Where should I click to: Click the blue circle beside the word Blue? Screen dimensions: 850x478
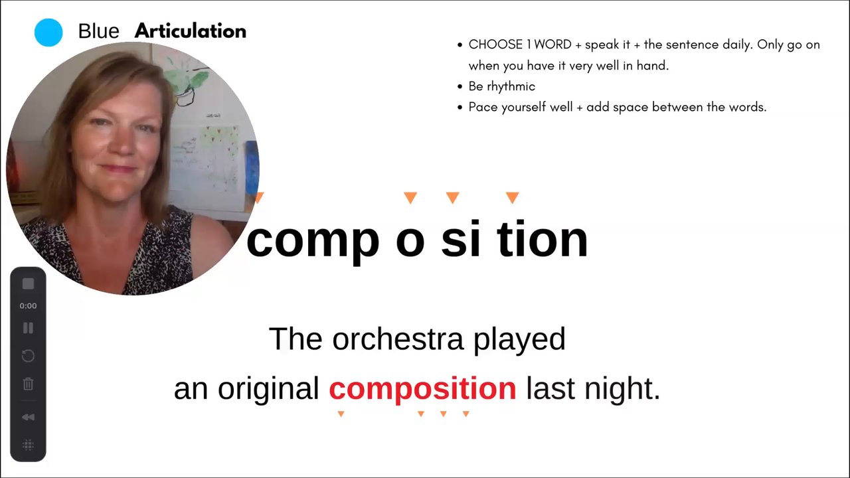48,33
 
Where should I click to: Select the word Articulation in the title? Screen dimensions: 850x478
191,31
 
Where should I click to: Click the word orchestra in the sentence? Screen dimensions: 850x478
398,339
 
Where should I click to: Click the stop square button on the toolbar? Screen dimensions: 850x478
28,283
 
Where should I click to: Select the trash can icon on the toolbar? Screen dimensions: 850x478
28,384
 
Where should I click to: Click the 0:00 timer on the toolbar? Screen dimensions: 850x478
28,306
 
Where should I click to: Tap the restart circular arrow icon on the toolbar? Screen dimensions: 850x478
28,356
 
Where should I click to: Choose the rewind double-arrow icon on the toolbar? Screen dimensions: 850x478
28,418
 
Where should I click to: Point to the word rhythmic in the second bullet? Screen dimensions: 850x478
511,87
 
